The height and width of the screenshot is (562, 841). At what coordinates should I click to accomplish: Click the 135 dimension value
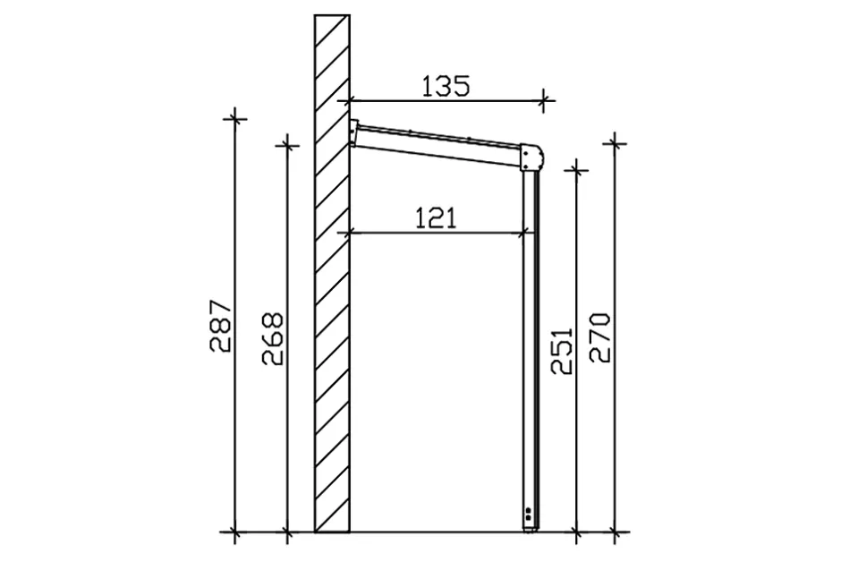pos(446,86)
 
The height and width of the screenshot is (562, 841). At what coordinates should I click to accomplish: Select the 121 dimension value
pos(436,217)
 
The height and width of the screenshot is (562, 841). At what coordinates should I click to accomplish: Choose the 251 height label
pos(561,348)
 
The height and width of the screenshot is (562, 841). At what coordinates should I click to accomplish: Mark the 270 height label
pos(599,336)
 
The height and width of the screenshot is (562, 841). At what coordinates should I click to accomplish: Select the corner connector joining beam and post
pos(531,158)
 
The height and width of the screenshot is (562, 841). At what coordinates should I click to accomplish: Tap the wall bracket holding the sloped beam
pos(354,133)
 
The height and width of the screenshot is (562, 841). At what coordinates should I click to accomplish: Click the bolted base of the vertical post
pos(530,518)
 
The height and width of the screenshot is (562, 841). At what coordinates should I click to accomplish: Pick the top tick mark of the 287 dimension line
pos(234,117)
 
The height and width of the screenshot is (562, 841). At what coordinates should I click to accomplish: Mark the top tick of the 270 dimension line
pos(615,141)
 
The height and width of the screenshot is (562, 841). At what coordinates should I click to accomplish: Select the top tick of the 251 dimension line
pos(576,167)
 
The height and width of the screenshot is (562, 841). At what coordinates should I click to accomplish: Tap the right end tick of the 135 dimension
pos(543,99)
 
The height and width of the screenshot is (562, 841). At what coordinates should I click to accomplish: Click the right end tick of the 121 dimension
pos(523,233)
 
